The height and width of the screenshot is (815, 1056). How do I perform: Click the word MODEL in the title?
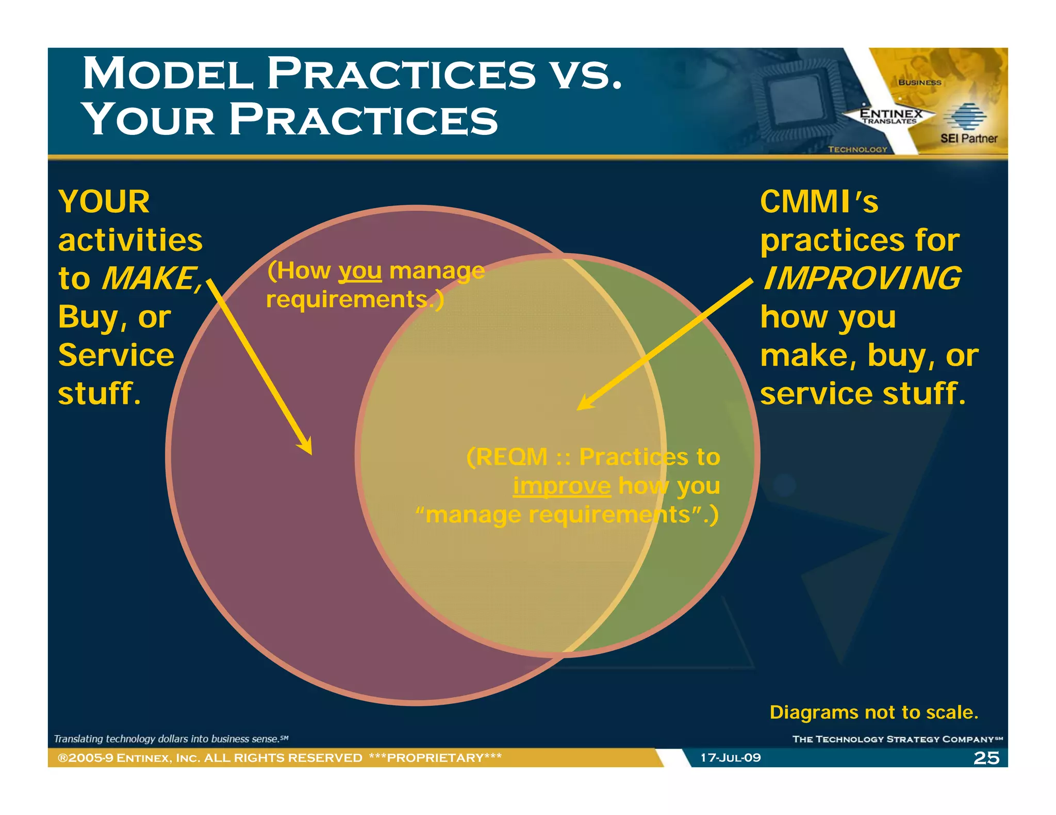[x=168, y=74]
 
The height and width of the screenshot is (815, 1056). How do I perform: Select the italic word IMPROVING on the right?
[x=862, y=279]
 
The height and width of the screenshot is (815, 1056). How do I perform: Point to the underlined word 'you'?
[x=360, y=271]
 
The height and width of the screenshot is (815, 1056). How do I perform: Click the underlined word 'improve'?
[x=562, y=486]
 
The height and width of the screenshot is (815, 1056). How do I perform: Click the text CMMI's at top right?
[x=819, y=201]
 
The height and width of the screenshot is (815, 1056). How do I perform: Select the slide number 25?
[x=986, y=758]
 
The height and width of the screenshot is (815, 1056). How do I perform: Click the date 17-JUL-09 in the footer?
[x=730, y=758]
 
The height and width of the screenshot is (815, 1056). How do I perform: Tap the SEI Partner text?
[x=968, y=138]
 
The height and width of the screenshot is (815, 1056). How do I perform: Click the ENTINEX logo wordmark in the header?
[x=890, y=113]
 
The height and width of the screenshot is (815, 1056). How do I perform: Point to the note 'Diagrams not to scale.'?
[x=873, y=712]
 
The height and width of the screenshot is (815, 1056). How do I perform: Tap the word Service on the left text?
[x=116, y=355]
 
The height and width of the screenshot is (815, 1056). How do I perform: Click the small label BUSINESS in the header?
[x=919, y=82]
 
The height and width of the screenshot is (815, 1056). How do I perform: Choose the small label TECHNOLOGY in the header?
[x=857, y=149]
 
